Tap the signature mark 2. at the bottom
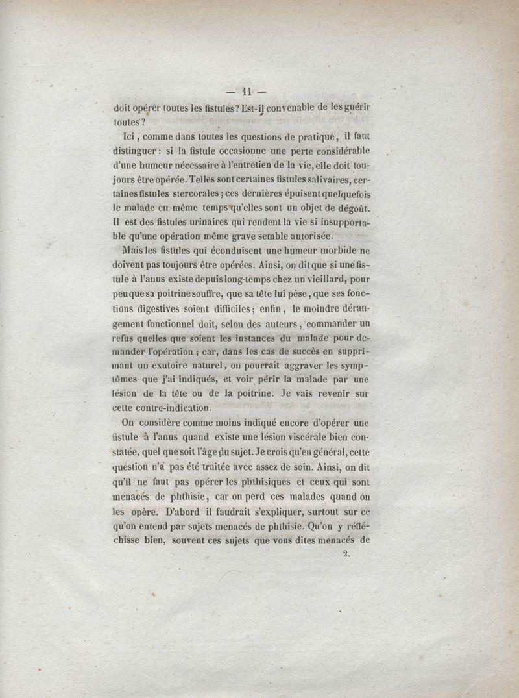click(x=345, y=554)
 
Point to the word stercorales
click(x=178, y=194)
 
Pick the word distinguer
click(x=138, y=151)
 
